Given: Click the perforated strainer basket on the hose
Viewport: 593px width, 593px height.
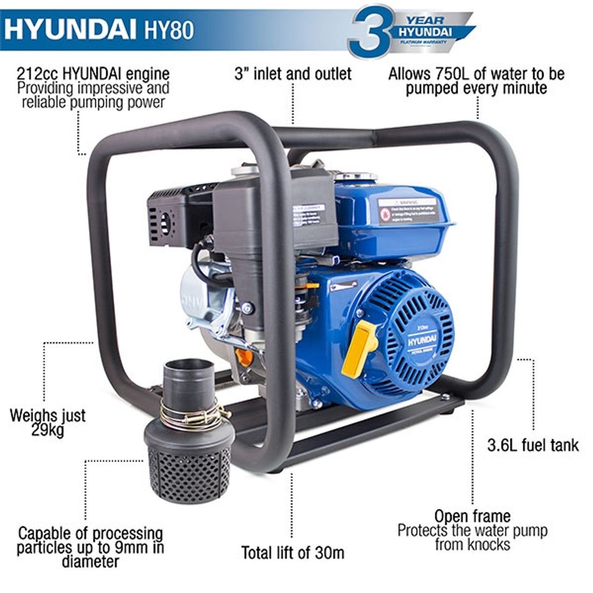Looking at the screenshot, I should (190, 468).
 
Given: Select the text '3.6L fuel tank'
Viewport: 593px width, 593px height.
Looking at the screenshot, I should (533, 445).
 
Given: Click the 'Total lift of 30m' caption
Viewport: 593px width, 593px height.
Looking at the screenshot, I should (293, 552).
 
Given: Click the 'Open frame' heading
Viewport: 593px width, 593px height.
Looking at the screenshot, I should (472, 517).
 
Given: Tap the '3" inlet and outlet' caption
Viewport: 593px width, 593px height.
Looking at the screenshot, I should (293, 74).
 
